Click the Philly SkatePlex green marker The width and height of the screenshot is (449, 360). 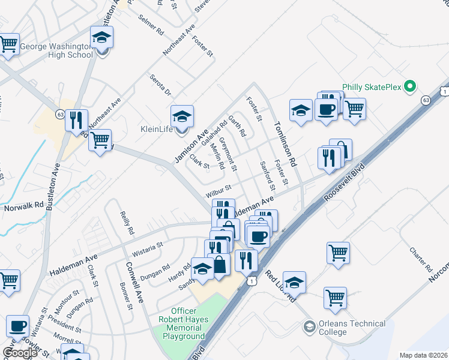(x=411, y=88)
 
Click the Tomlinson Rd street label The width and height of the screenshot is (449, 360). (x=286, y=145)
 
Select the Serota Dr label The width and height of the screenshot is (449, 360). (x=160, y=85)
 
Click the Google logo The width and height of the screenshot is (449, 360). (x=20, y=353)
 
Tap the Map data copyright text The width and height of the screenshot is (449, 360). (x=423, y=355)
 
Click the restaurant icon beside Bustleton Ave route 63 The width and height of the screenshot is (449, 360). (x=76, y=120)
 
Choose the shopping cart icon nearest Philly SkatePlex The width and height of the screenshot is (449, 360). (x=355, y=109)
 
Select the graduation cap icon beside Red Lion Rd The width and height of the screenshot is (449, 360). (x=294, y=281)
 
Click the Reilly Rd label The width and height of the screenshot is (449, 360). (x=127, y=222)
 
